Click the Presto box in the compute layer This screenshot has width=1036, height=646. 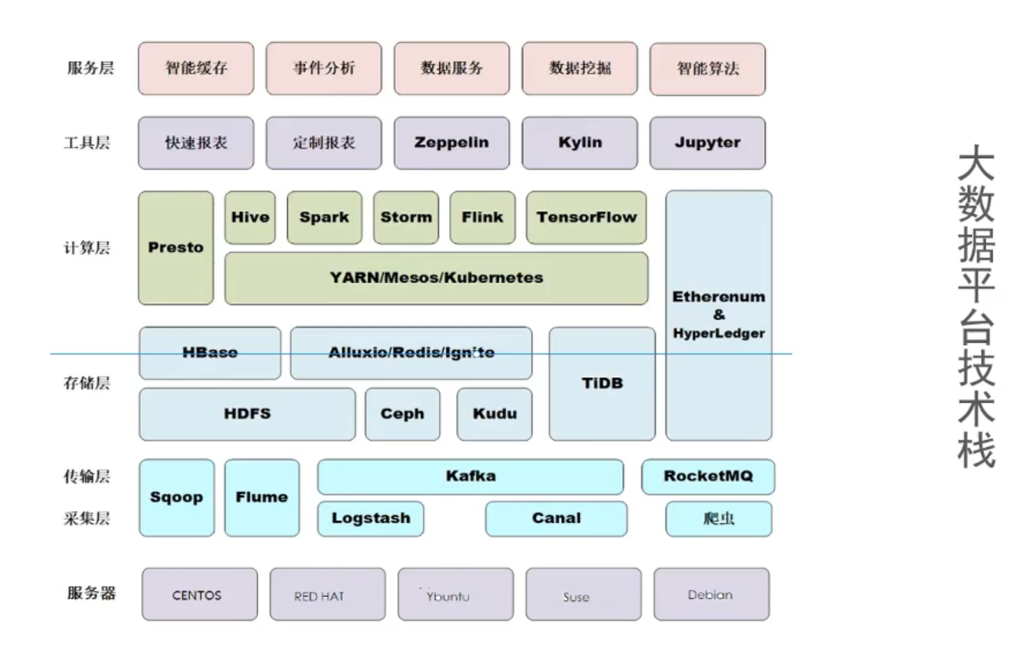pyautogui.click(x=176, y=248)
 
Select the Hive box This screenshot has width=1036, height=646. pyautogui.click(x=250, y=217)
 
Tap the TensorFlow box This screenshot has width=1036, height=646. pyautogui.click(x=586, y=217)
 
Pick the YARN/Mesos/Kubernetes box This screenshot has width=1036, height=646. pyautogui.click(x=436, y=278)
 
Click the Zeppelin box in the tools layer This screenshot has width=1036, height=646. pyautogui.click(x=451, y=143)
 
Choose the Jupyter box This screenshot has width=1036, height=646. pyautogui.click(x=708, y=143)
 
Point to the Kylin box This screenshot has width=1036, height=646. pyautogui.click(x=580, y=143)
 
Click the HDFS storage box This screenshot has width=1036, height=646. pyautogui.click(x=247, y=414)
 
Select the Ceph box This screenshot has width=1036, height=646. pyautogui.click(x=402, y=414)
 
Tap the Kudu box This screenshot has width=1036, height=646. pyautogui.click(x=495, y=414)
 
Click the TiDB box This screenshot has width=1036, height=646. pyautogui.click(x=602, y=383)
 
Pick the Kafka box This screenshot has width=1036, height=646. pyautogui.click(x=471, y=476)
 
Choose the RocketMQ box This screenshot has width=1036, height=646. pyautogui.click(x=708, y=476)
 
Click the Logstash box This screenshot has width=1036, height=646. pyautogui.click(x=371, y=518)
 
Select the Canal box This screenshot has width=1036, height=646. pyautogui.click(x=556, y=518)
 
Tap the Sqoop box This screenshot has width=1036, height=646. pyautogui.click(x=176, y=498)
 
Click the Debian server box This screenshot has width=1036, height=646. pyautogui.click(x=711, y=594)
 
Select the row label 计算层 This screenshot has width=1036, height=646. pyautogui.click(x=87, y=248)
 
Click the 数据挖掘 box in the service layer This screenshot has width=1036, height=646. pyautogui.click(x=580, y=68)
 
